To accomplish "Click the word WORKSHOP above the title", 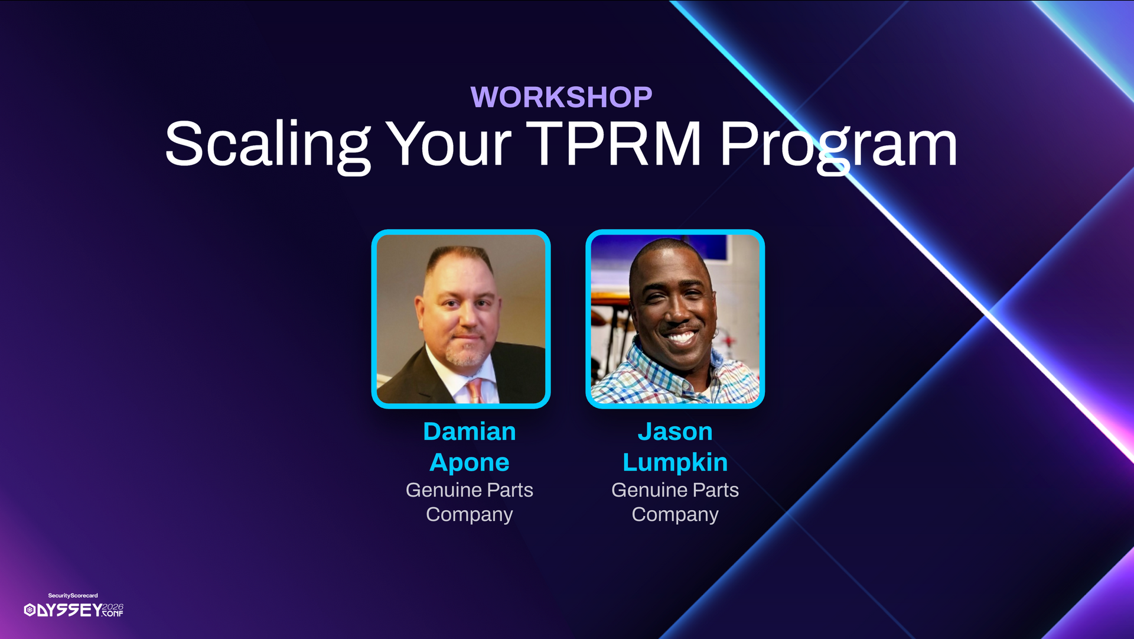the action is pyautogui.click(x=561, y=97).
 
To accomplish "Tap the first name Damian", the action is pyautogui.click(x=470, y=432).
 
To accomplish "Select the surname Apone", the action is pyautogui.click(x=470, y=463).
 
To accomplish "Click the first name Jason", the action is pyautogui.click(x=675, y=432).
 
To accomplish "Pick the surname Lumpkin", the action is pyautogui.click(x=675, y=463).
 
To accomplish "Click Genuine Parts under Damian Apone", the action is pyautogui.click(x=470, y=490).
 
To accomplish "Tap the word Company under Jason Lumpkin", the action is pyautogui.click(x=675, y=515).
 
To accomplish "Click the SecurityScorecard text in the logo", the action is pyautogui.click(x=73, y=596).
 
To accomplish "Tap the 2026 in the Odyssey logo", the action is pyautogui.click(x=113, y=607).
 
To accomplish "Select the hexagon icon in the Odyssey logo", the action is pyautogui.click(x=30, y=610).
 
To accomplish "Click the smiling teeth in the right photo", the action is pyautogui.click(x=681, y=338).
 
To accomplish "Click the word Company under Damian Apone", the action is pyautogui.click(x=470, y=515).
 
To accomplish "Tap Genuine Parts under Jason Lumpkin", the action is pyautogui.click(x=675, y=490).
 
